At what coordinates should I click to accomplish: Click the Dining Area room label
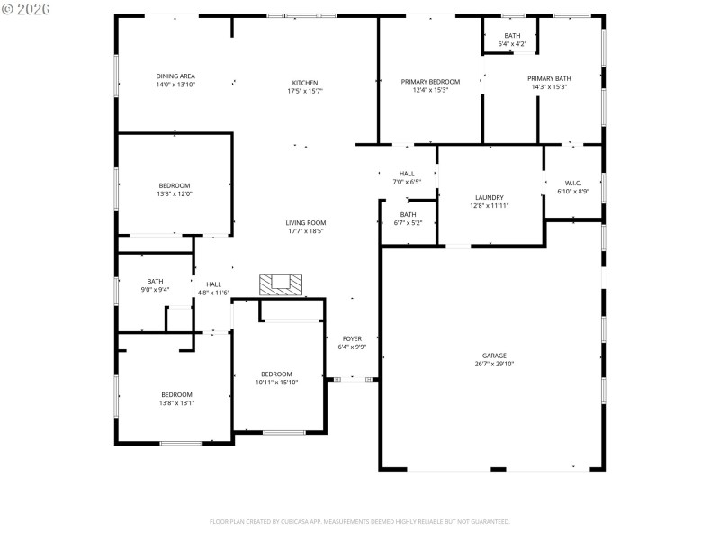coord(175,76)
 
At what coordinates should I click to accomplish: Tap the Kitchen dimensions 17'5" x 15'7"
coord(304,91)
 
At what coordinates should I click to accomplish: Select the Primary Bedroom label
coord(430,82)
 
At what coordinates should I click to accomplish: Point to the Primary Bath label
coord(549,78)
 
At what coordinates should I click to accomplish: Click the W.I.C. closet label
coord(572,183)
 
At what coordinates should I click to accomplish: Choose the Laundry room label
coord(490,197)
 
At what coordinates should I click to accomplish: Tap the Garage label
coord(493,355)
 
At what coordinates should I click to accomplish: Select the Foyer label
coord(352,338)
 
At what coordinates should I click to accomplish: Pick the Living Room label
coord(306,222)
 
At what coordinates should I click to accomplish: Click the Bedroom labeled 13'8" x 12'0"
coord(175,185)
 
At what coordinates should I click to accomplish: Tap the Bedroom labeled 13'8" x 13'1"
coord(177,394)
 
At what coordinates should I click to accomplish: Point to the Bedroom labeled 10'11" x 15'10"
coord(276,374)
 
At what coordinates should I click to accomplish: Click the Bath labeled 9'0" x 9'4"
coord(156,281)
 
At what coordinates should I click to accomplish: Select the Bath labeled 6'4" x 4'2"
coord(512,36)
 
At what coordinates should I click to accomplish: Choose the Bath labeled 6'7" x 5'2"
coord(409,214)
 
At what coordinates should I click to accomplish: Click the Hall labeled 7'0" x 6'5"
coord(407,174)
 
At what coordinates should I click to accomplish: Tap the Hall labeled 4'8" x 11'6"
coord(213,284)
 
